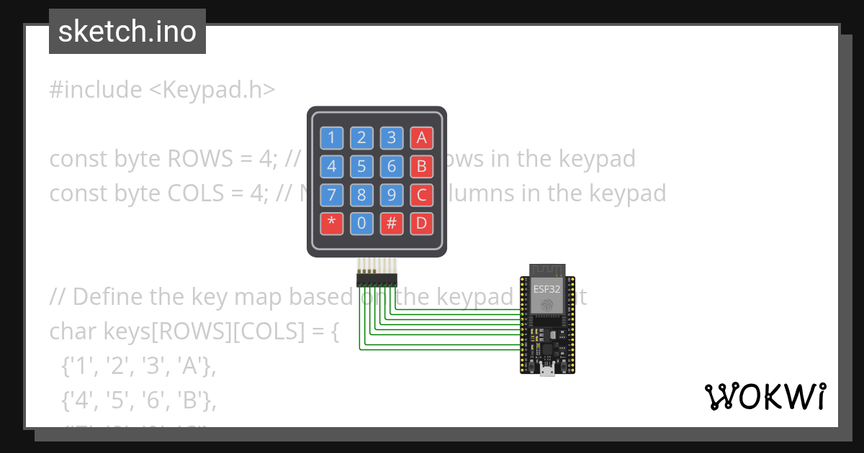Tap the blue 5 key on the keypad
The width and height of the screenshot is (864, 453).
coord(361,167)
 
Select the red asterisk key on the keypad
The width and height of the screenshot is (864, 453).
coord(331,224)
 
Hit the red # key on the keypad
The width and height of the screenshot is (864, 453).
coord(392,224)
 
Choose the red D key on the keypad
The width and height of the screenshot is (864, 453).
coord(422,224)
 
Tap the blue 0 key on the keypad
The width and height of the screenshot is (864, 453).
coord(361,224)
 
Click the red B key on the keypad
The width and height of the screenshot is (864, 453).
coord(422,167)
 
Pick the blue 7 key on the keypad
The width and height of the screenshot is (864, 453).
coord(331,195)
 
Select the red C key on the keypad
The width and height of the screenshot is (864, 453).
coord(422,195)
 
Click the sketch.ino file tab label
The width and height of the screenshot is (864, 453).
coord(127,32)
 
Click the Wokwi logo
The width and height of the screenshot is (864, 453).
coord(765,396)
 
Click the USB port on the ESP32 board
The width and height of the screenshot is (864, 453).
coord(548,370)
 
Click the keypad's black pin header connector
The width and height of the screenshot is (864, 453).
coord(377,278)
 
